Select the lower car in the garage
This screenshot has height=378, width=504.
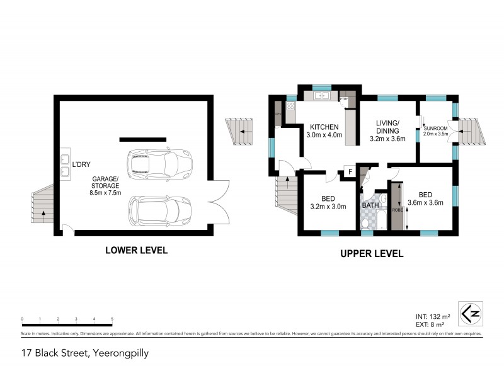coord(159,210)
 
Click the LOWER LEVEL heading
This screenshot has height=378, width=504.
coord(136,250)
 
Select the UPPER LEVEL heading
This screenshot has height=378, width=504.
coord(371,254)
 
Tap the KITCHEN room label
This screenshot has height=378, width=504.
coord(323,126)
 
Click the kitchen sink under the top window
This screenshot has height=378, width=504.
coord(322,96)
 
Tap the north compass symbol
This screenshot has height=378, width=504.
coord(468,312)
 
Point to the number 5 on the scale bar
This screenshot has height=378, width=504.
coord(112,319)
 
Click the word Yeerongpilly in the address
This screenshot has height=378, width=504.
coord(120,353)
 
